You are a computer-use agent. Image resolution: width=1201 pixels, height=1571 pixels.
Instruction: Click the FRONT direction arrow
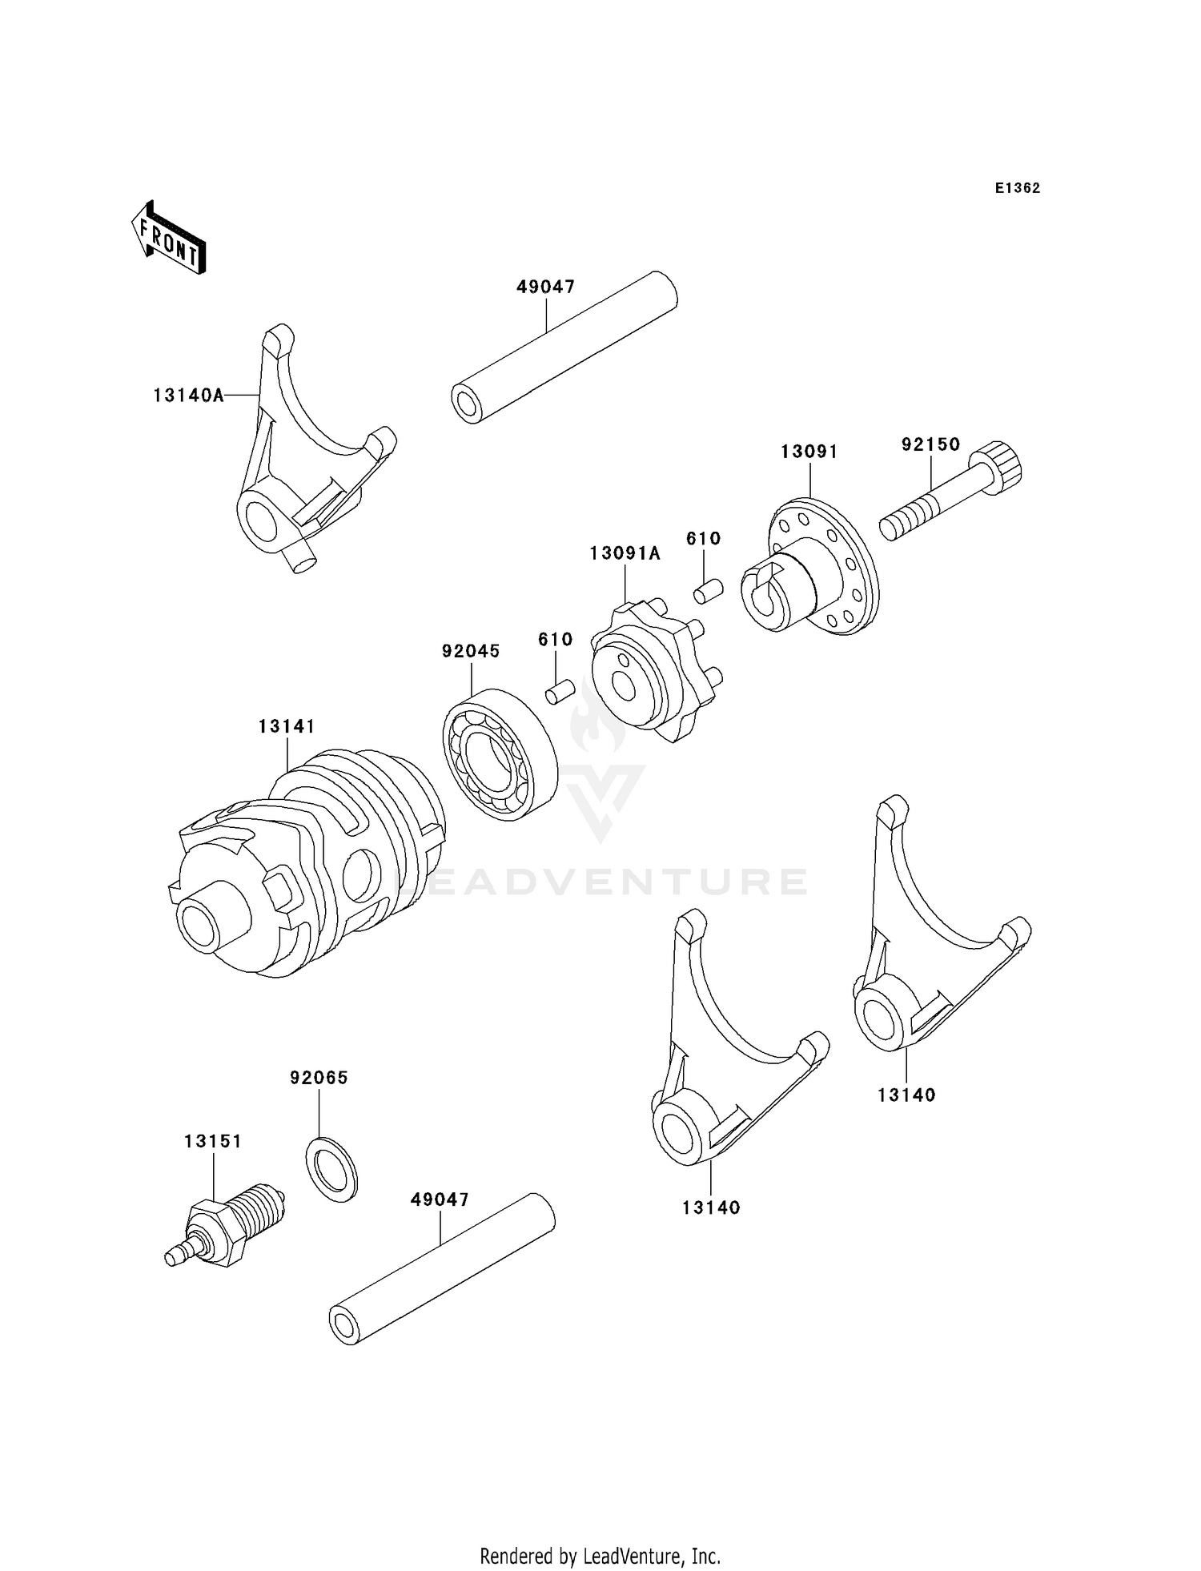(169, 239)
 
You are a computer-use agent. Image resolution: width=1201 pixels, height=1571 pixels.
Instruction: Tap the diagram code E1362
(1017, 188)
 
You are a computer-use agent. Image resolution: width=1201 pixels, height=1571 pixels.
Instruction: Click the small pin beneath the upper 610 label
(708, 591)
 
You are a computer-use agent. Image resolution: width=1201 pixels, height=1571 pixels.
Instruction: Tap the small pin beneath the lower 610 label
(560, 691)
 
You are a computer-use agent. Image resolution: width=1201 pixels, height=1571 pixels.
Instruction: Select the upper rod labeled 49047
(564, 349)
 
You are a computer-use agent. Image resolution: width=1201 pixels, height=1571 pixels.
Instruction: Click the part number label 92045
(471, 651)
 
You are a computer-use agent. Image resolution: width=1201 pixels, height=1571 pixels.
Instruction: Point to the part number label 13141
(287, 726)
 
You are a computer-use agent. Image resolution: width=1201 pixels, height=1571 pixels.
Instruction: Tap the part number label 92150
(930, 444)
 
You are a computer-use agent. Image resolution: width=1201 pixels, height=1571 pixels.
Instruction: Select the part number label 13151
(213, 1141)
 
